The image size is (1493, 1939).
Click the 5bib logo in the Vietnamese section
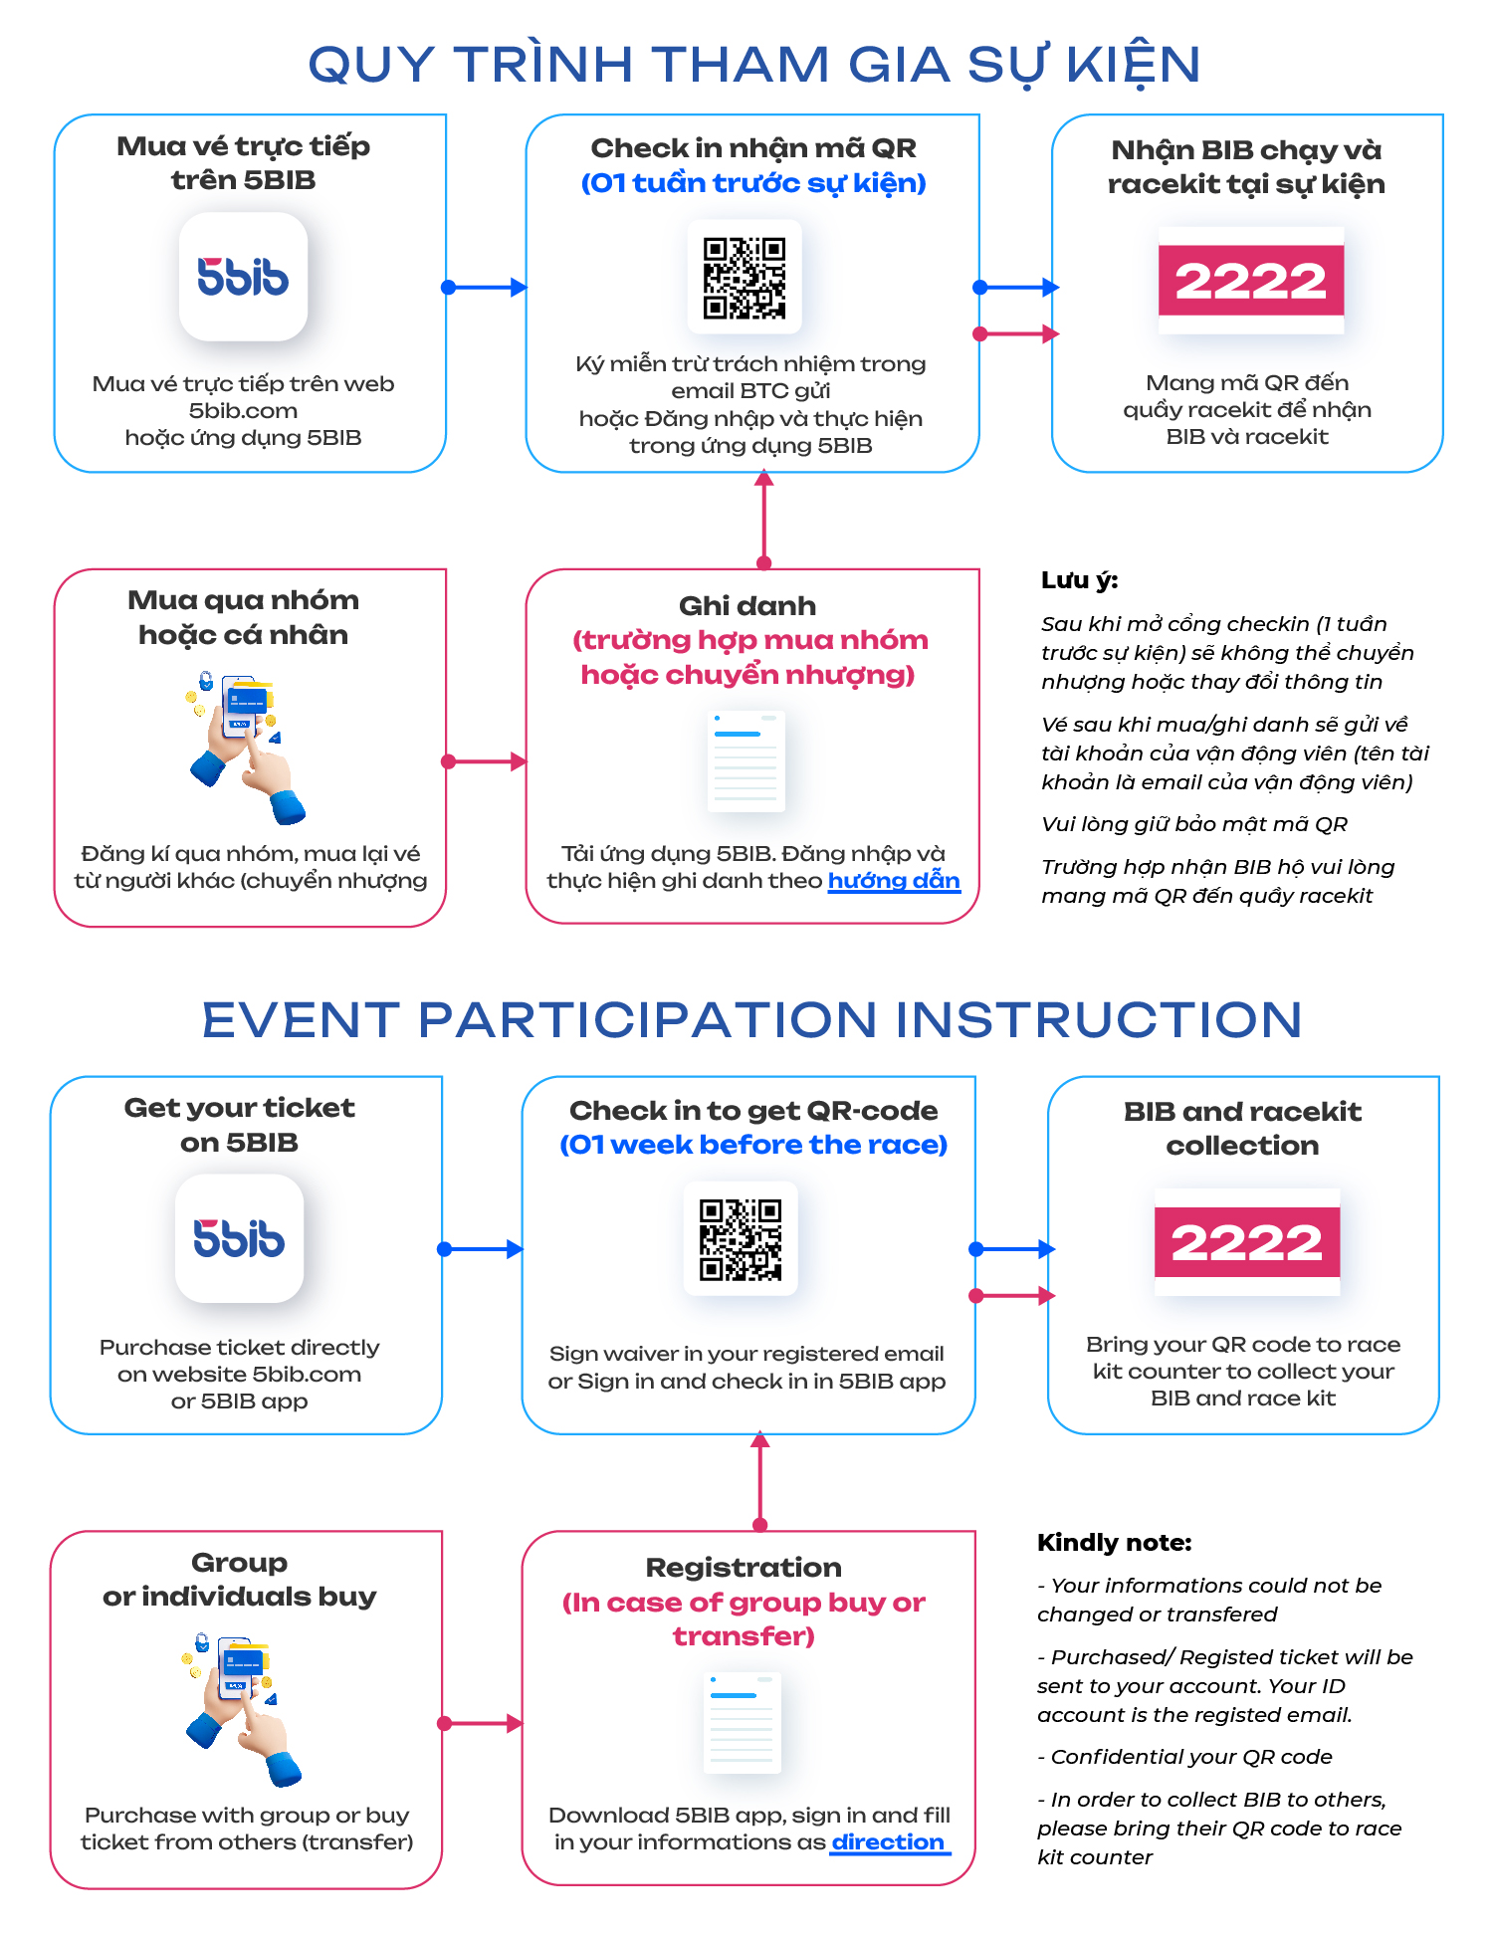[x=243, y=277]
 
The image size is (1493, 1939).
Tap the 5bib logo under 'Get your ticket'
[x=239, y=1238]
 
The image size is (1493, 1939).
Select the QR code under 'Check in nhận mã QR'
[x=745, y=278]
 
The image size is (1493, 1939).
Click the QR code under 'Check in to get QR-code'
[x=741, y=1239]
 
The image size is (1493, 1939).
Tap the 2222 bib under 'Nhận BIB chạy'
[x=1250, y=281]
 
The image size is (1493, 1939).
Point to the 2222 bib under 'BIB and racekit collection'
[x=1246, y=1242]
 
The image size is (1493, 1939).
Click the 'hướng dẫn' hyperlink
[x=894, y=881]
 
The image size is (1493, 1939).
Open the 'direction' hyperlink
[x=889, y=1842]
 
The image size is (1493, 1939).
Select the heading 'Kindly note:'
[x=1114, y=1543]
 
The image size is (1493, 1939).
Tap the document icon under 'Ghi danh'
[x=746, y=761]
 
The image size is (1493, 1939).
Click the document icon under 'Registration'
[x=742, y=1723]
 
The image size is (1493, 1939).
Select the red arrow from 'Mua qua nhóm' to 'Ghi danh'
[x=486, y=761]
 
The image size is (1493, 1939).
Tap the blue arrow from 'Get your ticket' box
[x=481, y=1249]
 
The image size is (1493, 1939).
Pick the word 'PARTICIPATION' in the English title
[x=647, y=1020]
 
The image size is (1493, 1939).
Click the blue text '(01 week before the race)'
[x=753, y=1145]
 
